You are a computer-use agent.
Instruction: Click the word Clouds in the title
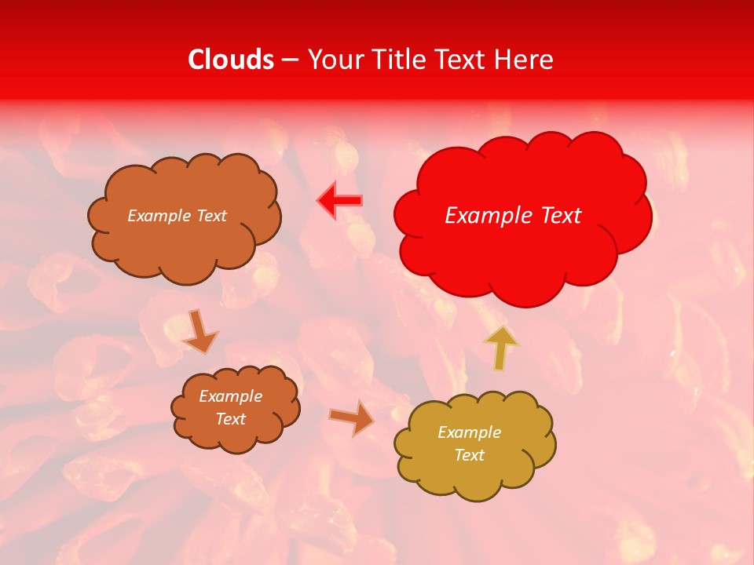231,60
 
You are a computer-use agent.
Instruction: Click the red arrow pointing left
340,201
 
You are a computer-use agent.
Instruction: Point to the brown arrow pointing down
199,331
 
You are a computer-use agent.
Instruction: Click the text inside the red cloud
513,216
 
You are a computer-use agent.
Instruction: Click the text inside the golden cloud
469,443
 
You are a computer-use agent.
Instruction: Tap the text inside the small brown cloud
230,407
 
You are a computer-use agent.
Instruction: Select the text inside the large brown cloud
177,216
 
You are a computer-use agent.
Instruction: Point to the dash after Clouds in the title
290,60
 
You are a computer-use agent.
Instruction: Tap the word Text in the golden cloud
469,455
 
